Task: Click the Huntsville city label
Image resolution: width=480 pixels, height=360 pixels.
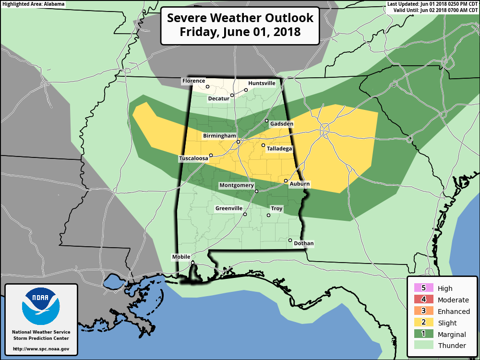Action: [x=262, y=83]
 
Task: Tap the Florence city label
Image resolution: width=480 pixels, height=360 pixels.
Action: [x=193, y=81]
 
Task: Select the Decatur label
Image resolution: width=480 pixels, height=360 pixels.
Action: [x=219, y=99]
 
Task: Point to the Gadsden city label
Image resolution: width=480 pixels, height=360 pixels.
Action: [x=281, y=124]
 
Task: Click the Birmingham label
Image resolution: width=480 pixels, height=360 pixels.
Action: [x=219, y=136]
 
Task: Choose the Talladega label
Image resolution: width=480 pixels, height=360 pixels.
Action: [x=279, y=149]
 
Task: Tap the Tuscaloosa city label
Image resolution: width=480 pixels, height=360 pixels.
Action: [x=193, y=158]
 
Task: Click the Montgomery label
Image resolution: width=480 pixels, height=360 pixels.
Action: [x=236, y=185]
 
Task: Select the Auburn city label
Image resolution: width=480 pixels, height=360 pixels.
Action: [x=300, y=184]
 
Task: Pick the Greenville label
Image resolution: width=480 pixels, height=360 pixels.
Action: [x=229, y=208]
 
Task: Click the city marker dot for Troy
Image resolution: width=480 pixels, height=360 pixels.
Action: [x=268, y=215]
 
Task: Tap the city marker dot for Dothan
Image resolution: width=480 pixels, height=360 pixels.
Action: [x=290, y=240]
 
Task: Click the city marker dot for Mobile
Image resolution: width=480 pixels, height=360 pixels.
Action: [x=192, y=263]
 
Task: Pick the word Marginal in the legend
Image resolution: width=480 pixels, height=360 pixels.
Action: [x=452, y=335]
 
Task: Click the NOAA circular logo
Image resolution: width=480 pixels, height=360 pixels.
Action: [x=41, y=306]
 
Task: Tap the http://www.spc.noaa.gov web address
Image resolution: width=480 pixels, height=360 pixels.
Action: [x=41, y=349]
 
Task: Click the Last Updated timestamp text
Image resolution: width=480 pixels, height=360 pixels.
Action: [x=432, y=4]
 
